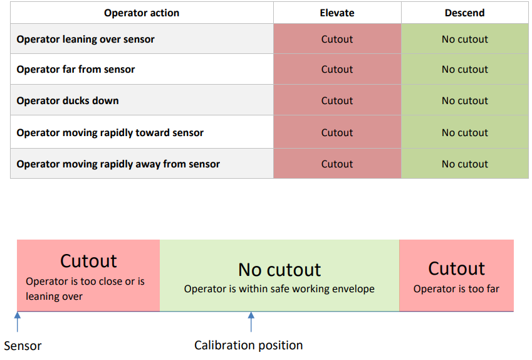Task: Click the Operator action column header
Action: (x=142, y=13)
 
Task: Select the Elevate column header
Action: (x=337, y=13)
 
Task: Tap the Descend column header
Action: (x=464, y=13)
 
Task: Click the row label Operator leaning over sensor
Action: (x=85, y=40)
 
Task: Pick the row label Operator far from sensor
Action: (x=76, y=69)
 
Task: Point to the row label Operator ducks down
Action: (x=68, y=101)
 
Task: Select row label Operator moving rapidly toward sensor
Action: (x=110, y=133)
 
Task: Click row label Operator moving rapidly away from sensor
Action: (x=118, y=164)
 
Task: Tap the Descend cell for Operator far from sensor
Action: (x=464, y=69)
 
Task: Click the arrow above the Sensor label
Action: (x=18, y=322)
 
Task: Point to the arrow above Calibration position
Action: (x=251, y=322)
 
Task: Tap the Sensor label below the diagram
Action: (x=23, y=346)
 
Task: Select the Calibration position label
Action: (x=248, y=346)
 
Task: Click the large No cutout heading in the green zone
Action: (x=279, y=270)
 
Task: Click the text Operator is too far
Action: (x=456, y=289)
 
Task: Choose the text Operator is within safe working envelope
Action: (x=279, y=289)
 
